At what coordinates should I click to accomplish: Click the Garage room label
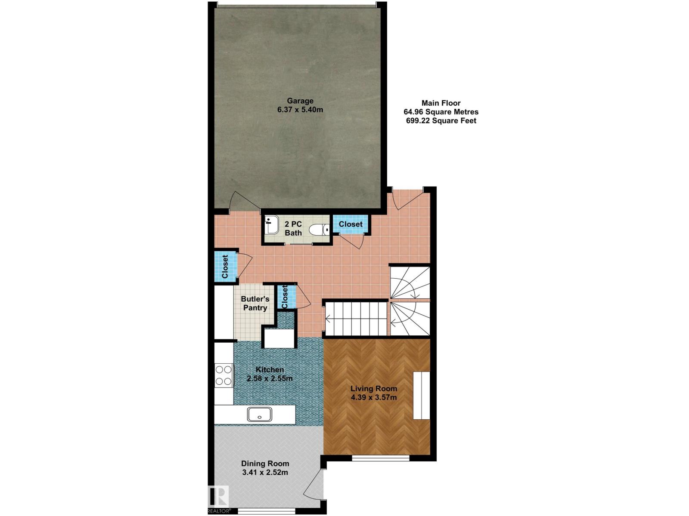300,101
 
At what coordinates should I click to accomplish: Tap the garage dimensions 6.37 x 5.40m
300,110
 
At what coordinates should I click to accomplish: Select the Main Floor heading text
441,103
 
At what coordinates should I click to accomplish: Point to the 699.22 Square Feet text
441,121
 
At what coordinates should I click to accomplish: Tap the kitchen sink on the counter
260,415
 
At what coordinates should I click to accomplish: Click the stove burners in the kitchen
224,375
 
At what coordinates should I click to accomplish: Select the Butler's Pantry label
255,303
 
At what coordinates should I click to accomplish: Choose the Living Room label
374,389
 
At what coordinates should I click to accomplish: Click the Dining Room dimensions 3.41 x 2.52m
265,473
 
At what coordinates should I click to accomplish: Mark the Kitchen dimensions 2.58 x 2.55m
270,378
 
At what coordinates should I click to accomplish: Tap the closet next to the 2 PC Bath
351,224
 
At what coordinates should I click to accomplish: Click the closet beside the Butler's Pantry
286,297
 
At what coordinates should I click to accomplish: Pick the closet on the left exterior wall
225,267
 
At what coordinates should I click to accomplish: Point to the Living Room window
380,458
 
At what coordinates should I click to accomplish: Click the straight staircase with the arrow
355,319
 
